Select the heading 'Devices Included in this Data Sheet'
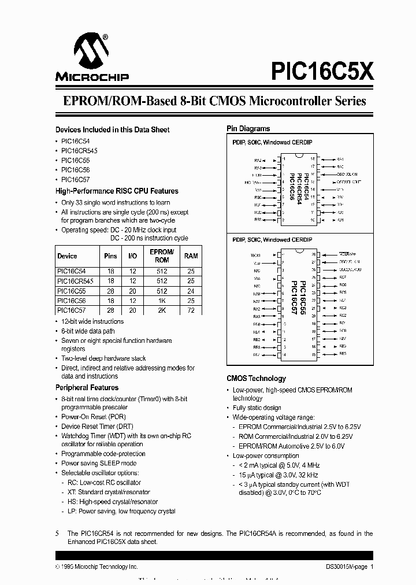[x=112, y=129]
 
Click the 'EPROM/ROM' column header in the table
[x=161, y=256]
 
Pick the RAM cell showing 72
[x=190, y=310]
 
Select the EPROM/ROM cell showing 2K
[x=161, y=310]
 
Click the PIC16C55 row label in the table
[x=72, y=291]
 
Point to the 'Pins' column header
[x=110, y=256]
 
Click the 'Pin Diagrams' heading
[x=248, y=129]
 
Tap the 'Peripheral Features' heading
[x=87, y=387]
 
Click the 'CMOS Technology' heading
[x=256, y=379]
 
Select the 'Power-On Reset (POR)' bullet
[x=93, y=417]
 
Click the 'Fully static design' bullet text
[x=257, y=408]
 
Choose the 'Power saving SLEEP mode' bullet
[x=99, y=464]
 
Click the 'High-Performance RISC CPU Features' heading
[x=117, y=191]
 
